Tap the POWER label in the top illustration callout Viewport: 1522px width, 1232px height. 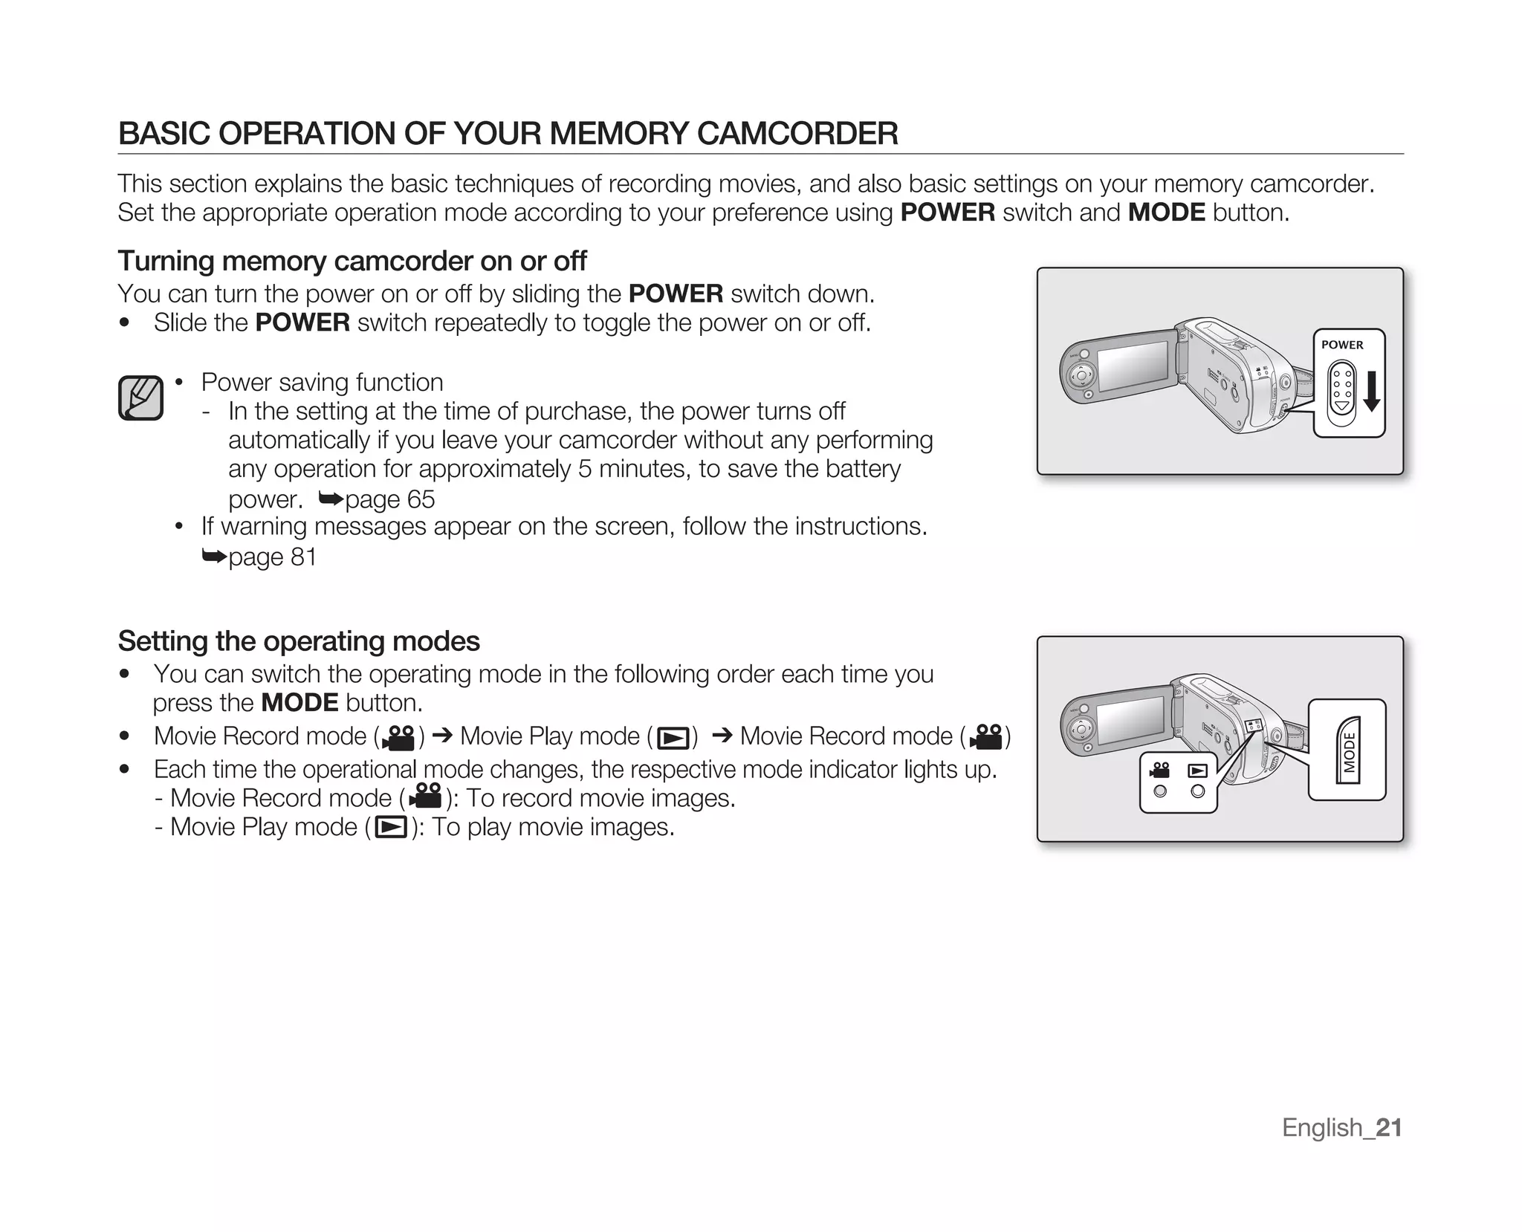point(1342,345)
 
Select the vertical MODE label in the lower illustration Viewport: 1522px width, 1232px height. point(1350,750)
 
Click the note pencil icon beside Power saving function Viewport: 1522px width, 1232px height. point(140,398)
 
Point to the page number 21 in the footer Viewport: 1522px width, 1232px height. point(1389,1128)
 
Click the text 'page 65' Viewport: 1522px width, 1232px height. point(389,499)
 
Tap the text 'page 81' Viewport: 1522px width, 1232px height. point(272,557)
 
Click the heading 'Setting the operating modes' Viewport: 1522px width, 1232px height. point(299,641)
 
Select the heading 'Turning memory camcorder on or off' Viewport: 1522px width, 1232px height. point(352,261)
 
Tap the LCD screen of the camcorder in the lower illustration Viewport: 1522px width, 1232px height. point(1131,719)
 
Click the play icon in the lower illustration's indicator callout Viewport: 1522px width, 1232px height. point(1197,771)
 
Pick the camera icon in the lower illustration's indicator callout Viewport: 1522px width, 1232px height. point(1159,771)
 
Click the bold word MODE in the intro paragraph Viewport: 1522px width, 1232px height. point(1166,213)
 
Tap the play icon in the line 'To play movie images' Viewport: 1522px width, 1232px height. point(391,827)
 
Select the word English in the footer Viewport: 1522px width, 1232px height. point(1322,1128)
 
